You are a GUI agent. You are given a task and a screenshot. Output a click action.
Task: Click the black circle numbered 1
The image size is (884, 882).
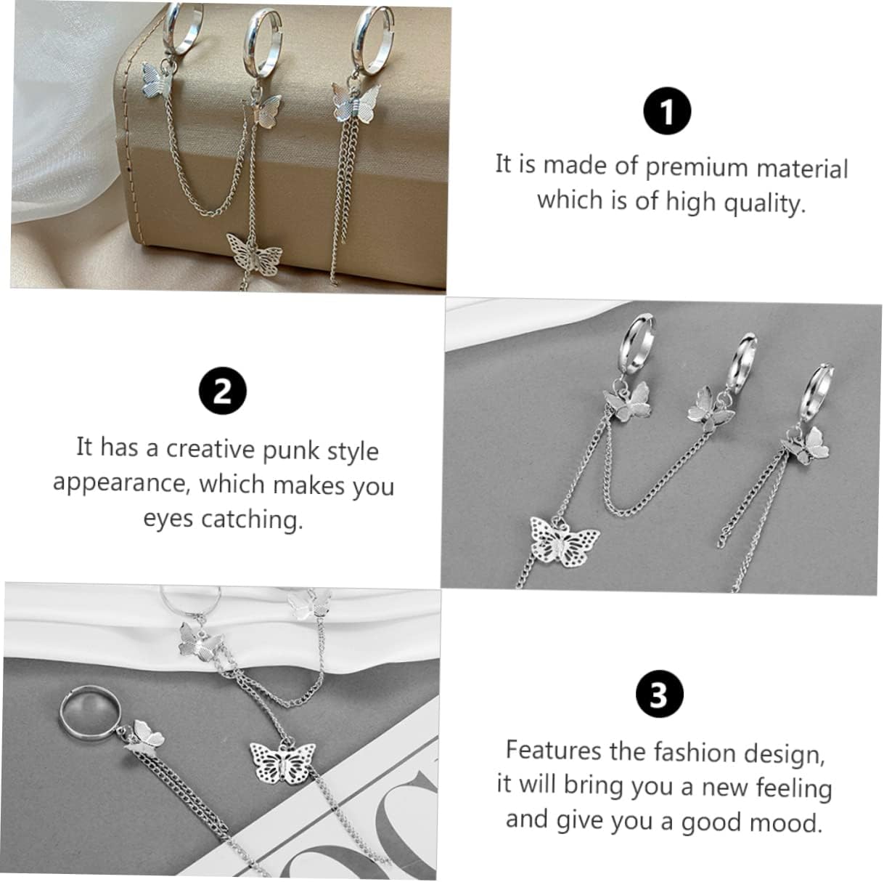pyautogui.click(x=668, y=110)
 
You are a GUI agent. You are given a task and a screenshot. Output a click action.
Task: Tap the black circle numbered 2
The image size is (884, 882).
pyautogui.click(x=223, y=391)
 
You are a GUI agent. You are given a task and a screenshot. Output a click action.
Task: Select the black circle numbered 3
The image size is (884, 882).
pyautogui.click(x=660, y=694)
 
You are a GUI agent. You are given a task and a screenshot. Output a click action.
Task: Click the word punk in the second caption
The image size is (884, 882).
pyautogui.click(x=291, y=452)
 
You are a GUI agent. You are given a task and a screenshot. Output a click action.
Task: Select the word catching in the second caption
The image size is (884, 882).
pyautogui.click(x=253, y=520)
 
